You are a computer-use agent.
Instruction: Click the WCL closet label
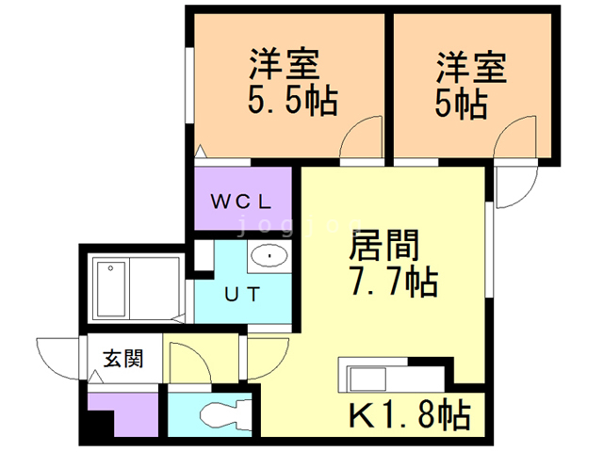(x=240, y=201)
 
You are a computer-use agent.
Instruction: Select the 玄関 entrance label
(x=122, y=359)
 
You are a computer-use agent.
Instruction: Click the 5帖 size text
(x=461, y=101)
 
